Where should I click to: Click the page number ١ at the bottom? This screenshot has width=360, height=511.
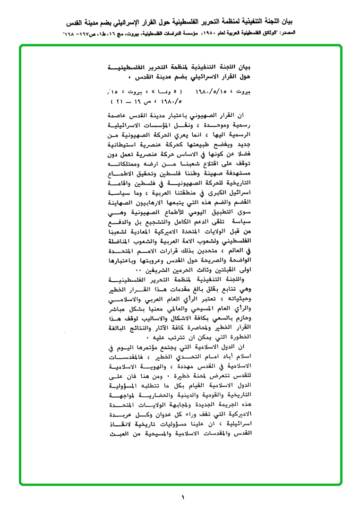[182, 497]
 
